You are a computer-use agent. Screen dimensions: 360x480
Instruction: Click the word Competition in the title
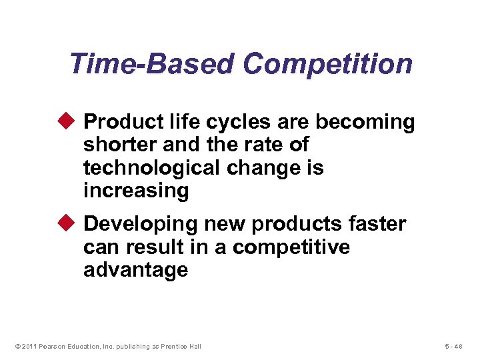tap(327, 65)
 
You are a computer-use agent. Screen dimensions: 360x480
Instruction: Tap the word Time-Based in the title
tap(152, 65)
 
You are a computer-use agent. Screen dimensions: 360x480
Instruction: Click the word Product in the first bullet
tap(123, 123)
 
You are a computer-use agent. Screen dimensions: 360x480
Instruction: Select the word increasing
tap(136, 191)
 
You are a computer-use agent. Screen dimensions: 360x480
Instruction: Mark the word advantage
tap(135, 270)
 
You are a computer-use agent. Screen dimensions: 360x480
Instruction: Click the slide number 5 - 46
tap(457, 346)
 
